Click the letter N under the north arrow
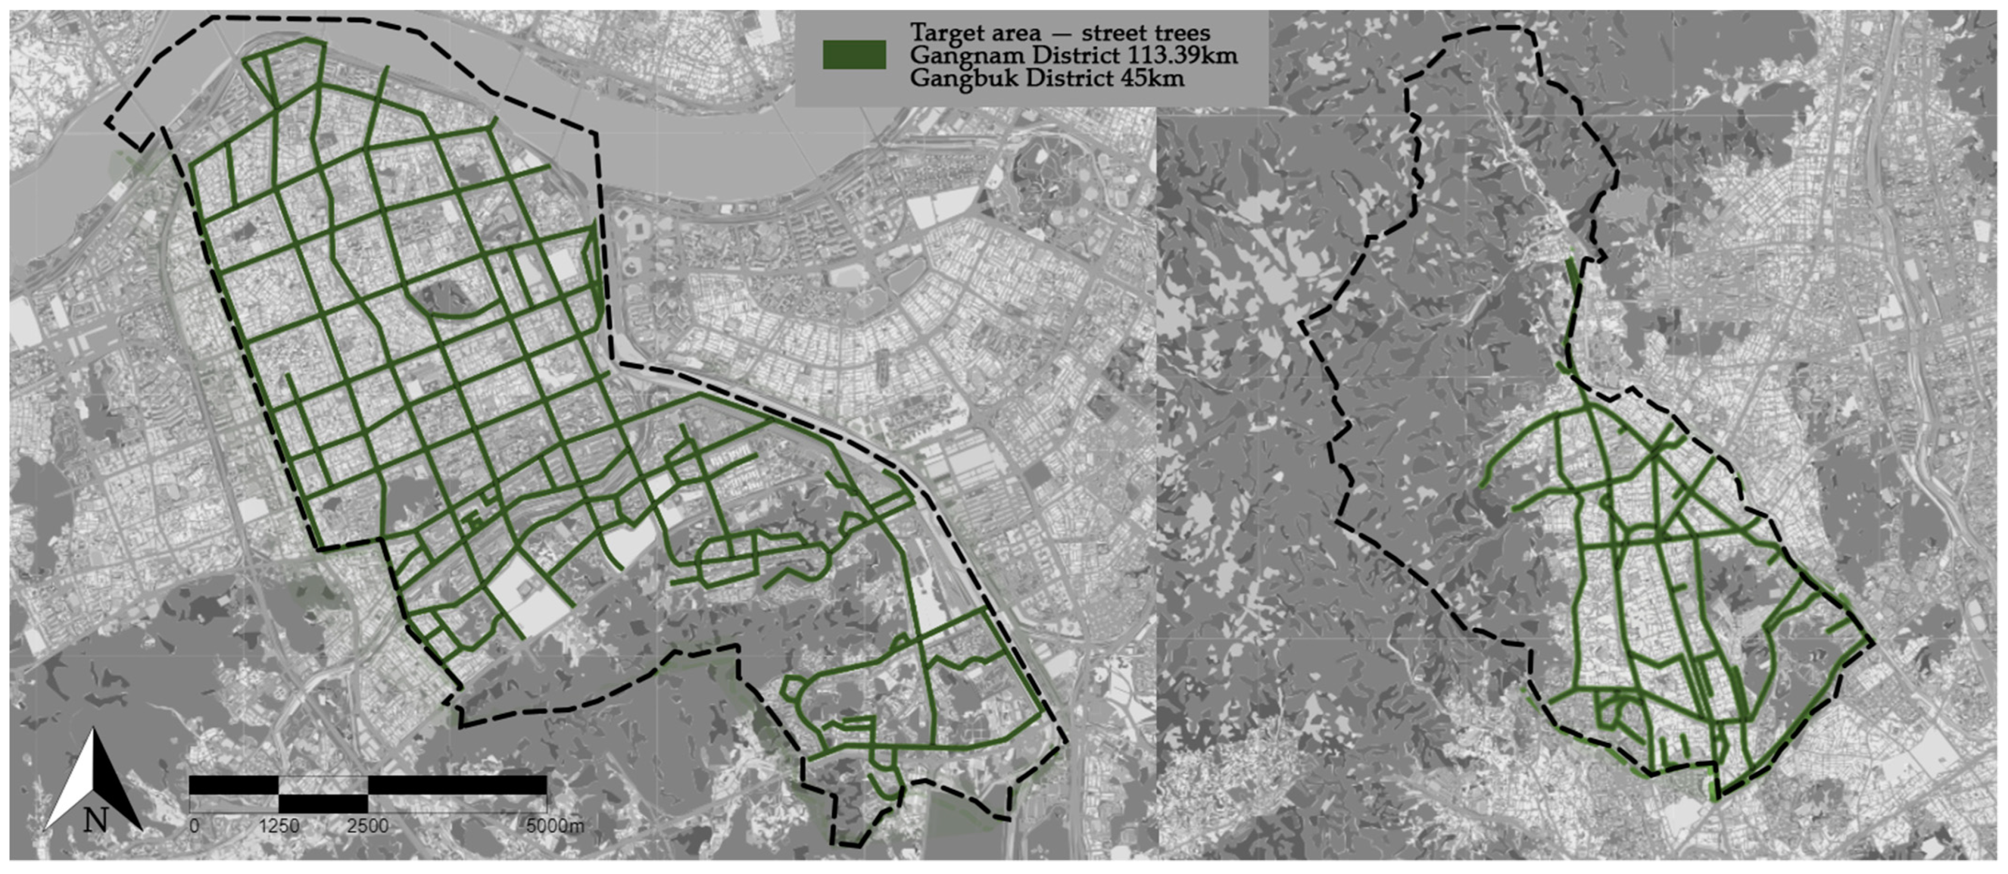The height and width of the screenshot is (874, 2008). [95, 820]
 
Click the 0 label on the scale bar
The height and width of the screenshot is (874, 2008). [195, 826]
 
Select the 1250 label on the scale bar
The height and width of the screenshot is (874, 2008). [279, 826]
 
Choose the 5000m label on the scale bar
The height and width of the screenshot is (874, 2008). [554, 826]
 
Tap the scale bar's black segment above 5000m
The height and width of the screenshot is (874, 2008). [457, 785]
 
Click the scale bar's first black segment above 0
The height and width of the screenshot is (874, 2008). [234, 785]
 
